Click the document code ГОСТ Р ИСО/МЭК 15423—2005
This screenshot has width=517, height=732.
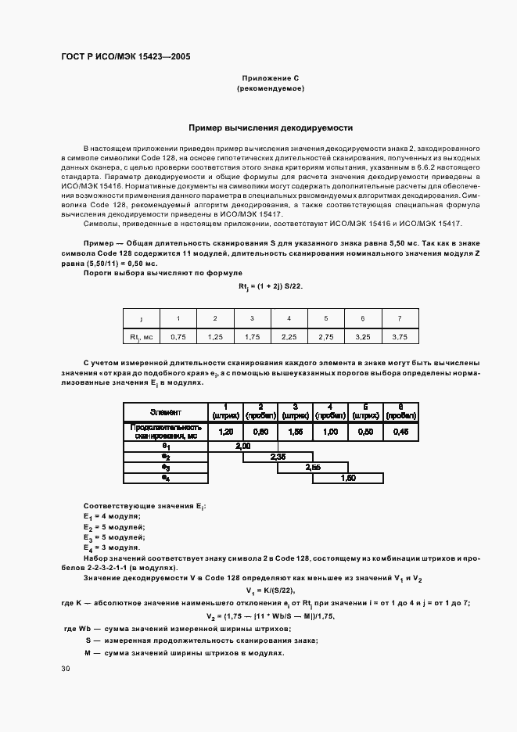[x=125, y=57]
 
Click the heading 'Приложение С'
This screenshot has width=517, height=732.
[x=271, y=78]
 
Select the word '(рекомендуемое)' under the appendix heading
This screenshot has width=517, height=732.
[x=271, y=89]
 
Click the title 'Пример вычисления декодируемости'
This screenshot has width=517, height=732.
[x=271, y=127]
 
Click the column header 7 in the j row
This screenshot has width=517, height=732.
[x=400, y=318]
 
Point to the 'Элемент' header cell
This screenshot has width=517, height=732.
[x=165, y=411]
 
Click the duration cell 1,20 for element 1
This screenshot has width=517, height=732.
[x=225, y=432]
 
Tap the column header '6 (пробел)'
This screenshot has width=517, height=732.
[x=400, y=411]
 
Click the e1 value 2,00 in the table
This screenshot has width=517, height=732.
[x=242, y=446]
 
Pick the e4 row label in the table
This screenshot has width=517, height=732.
[x=165, y=477]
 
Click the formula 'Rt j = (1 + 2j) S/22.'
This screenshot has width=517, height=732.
[x=271, y=286]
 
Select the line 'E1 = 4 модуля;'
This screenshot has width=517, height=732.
[x=112, y=517]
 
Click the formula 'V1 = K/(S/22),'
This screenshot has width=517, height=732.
[x=271, y=590]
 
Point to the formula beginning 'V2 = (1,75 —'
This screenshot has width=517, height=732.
[x=271, y=616]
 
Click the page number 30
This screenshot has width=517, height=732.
[x=66, y=669]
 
